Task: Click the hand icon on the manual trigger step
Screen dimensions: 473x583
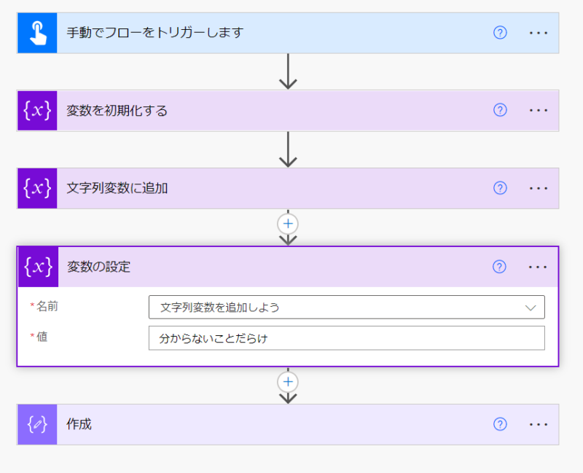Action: [x=37, y=33]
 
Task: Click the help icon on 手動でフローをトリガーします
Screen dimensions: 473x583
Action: [x=500, y=33]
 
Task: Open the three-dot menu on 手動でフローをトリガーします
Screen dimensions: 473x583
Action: [x=539, y=33]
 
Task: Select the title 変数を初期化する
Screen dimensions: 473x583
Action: [x=117, y=111]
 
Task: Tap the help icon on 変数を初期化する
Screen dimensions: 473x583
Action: [x=500, y=111]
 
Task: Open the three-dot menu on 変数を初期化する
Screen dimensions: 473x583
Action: [x=539, y=111]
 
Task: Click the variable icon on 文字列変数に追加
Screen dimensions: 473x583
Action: [x=37, y=188]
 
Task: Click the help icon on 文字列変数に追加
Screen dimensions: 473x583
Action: [x=500, y=188]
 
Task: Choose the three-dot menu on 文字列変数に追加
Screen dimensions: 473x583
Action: [x=539, y=188]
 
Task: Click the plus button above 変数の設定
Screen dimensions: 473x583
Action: [x=289, y=224]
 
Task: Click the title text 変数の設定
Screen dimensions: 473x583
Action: [x=99, y=267]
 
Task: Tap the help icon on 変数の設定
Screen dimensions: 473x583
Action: [x=499, y=267]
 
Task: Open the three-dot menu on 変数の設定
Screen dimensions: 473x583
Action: [x=538, y=267]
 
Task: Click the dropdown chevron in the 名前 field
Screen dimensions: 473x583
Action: [x=531, y=308]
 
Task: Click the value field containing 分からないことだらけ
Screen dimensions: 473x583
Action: [x=346, y=338]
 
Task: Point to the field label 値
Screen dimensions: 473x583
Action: [x=42, y=337]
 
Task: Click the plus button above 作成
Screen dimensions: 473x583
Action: [x=289, y=381]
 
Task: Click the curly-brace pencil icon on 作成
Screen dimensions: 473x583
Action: [x=37, y=424]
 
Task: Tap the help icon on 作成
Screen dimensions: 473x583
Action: [x=500, y=424]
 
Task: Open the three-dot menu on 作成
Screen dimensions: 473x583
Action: [x=539, y=424]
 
